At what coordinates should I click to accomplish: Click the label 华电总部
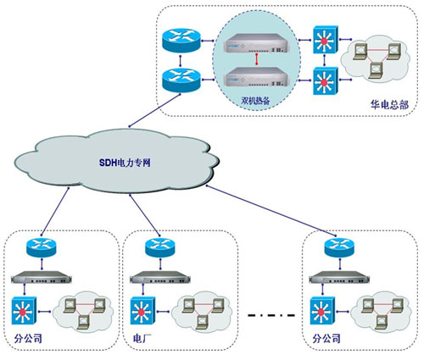coord(389,104)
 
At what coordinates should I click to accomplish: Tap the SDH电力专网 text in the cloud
coord(125,163)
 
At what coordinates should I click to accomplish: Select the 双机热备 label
coord(255,100)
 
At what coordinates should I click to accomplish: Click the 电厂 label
coord(141,338)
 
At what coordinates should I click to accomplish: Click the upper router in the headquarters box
coord(181,40)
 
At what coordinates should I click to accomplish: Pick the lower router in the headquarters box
coord(181,80)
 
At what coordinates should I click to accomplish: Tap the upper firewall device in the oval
coord(257,43)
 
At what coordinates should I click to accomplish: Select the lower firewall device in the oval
coord(257,76)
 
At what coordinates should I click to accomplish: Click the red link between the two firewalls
coord(256,59)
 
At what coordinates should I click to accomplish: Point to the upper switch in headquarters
coord(326,40)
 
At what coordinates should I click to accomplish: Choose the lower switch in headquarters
coord(326,81)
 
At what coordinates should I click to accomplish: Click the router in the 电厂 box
coord(160,247)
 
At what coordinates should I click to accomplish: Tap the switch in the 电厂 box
coord(142,311)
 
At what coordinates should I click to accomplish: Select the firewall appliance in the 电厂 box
coord(160,277)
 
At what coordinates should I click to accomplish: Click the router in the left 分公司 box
coord(42,247)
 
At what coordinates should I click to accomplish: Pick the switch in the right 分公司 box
coord(322,311)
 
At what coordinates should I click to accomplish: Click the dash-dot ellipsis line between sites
coord(271,314)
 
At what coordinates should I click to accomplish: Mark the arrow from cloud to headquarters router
coord(154,110)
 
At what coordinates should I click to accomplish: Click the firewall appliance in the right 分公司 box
coord(339,277)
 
